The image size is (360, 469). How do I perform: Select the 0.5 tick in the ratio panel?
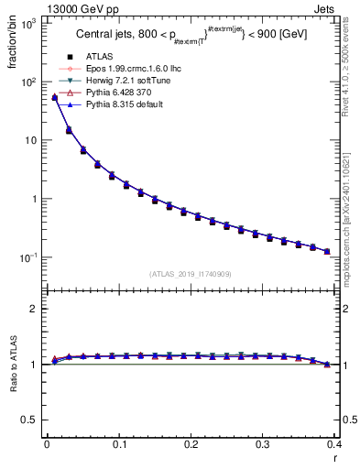(31, 420)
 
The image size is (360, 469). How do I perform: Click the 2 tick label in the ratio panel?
(36, 309)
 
